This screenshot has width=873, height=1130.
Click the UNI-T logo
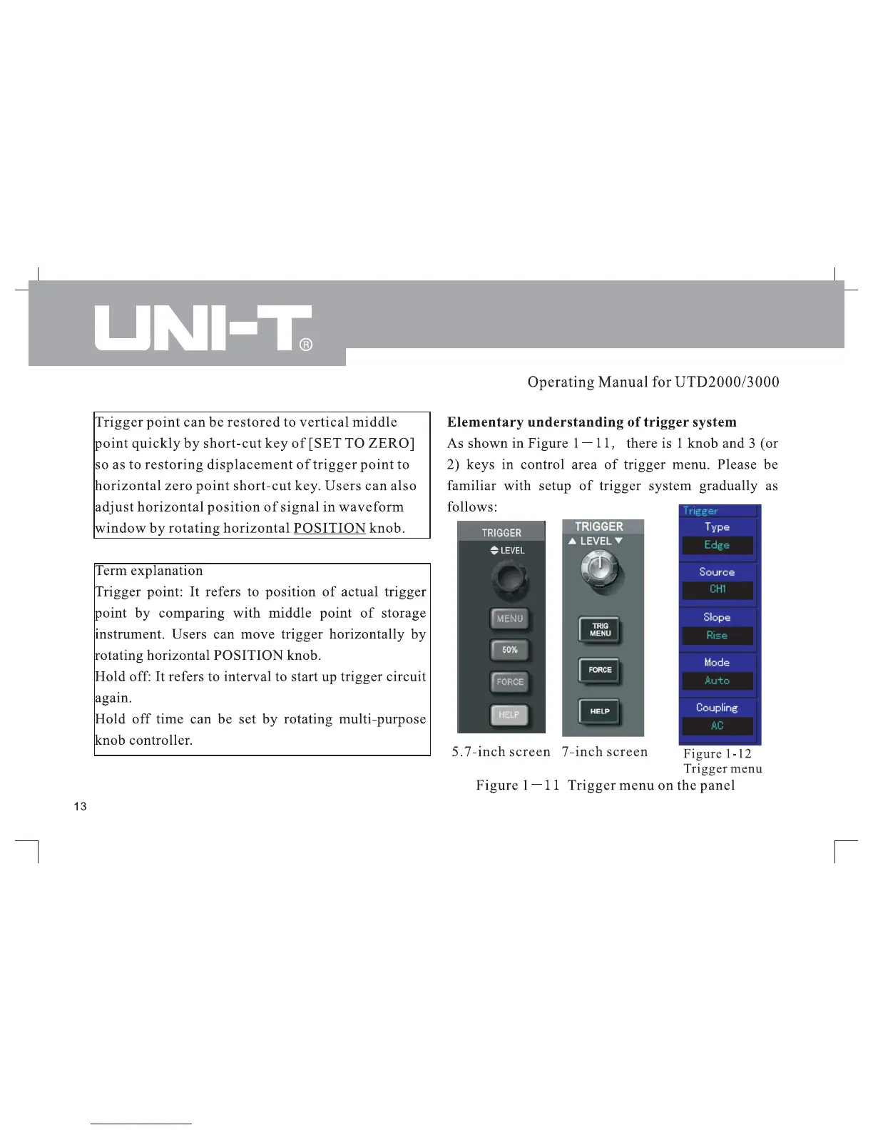click(x=203, y=328)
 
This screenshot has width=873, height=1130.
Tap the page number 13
click(x=80, y=806)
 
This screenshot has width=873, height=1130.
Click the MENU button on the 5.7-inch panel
click(x=509, y=619)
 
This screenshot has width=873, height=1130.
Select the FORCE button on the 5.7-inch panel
click(x=509, y=682)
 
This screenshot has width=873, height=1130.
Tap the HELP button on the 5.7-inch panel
click(x=509, y=715)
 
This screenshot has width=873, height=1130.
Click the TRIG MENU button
click(x=600, y=630)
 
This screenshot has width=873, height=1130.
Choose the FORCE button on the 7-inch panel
click(x=600, y=670)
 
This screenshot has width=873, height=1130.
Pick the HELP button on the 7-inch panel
click(x=600, y=711)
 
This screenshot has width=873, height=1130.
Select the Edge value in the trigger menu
click(x=717, y=545)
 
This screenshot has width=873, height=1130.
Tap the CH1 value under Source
click(x=717, y=590)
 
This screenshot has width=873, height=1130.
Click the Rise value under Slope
click(x=717, y=636)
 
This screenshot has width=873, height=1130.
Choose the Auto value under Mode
click(x=717, y=681)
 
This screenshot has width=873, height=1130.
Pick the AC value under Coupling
click(x=717, y=726)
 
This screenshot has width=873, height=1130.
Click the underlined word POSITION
click(x=330, y=528)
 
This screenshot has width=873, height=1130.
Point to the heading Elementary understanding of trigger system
click(x=591, y=422)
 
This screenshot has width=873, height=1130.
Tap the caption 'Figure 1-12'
click(x=717, y=753)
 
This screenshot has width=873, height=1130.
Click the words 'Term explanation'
click(x=149, y=571)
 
